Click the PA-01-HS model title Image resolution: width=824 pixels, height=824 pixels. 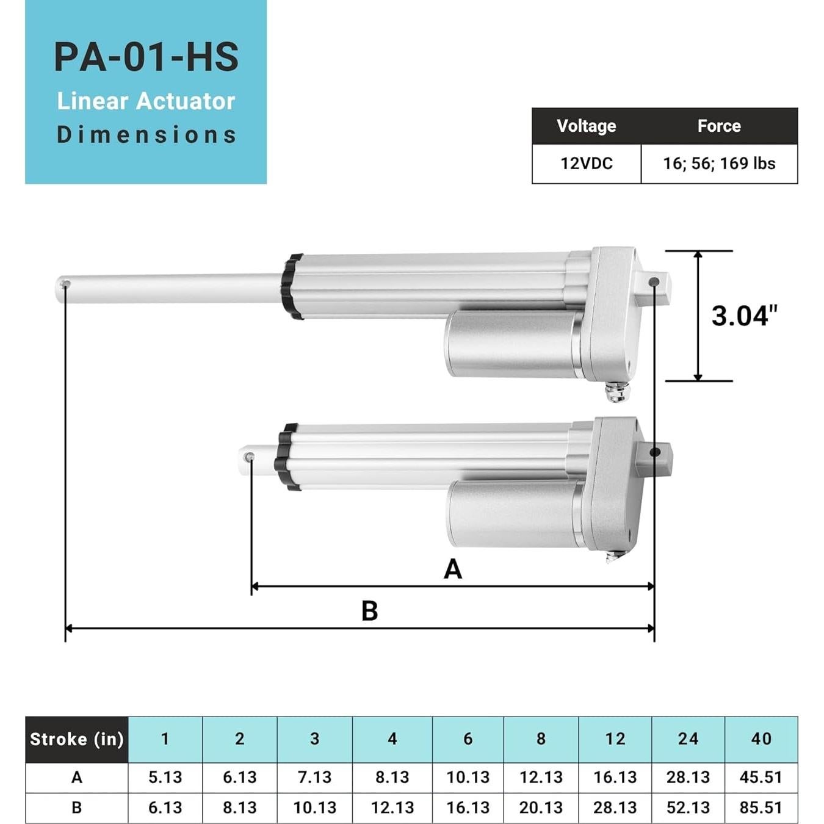click(146, 57)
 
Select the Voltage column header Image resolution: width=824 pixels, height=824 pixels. click(586, 126)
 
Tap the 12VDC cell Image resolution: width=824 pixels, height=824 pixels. click(586, 164)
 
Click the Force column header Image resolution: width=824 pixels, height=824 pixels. click(719, 126)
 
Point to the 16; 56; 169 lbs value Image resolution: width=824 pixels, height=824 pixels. click(719, 164)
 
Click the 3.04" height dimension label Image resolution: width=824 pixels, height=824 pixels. click(744, 316)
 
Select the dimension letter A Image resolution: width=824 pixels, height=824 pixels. click(452, 569)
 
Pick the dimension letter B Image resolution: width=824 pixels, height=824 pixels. click(369, 610)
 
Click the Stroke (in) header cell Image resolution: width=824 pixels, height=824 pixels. click(77, 739)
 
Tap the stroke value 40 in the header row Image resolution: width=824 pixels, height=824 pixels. click(761, 739)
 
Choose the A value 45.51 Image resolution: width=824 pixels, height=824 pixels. click(761, 777)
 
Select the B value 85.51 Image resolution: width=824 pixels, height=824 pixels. click(761, 808)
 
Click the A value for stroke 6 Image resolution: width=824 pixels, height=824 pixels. click(468, 777)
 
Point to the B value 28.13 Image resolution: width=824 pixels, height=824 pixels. click(615, 808)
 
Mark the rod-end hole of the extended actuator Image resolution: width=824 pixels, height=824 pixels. click(65, 284)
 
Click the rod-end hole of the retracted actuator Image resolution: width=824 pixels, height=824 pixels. click(249, 457)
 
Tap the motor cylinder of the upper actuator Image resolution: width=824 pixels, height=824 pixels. click(513, 343)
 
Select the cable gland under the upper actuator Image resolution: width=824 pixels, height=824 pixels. click(618, 392)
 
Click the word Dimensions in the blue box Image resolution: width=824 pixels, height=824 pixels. click(146, 135)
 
